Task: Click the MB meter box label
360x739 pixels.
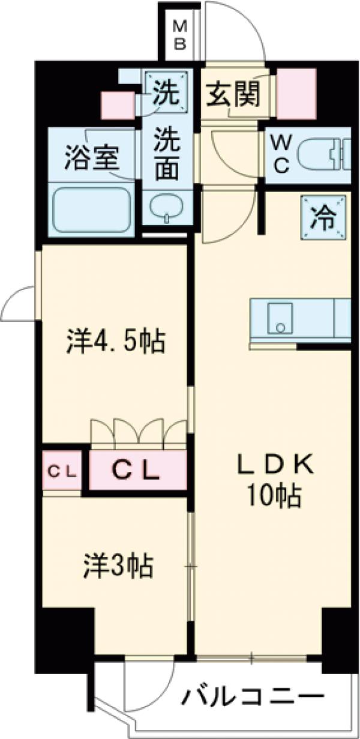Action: (179, 35)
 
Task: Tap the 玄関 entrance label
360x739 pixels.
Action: (233, 94)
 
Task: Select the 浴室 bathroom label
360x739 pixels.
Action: (92, 158)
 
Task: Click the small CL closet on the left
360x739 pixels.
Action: (62, 472)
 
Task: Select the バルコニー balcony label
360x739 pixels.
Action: (253, 699)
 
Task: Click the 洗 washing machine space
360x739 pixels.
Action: (164, 92)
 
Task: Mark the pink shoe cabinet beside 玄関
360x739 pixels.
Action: (296, 92)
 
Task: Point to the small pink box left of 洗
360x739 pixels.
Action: (118, 106)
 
